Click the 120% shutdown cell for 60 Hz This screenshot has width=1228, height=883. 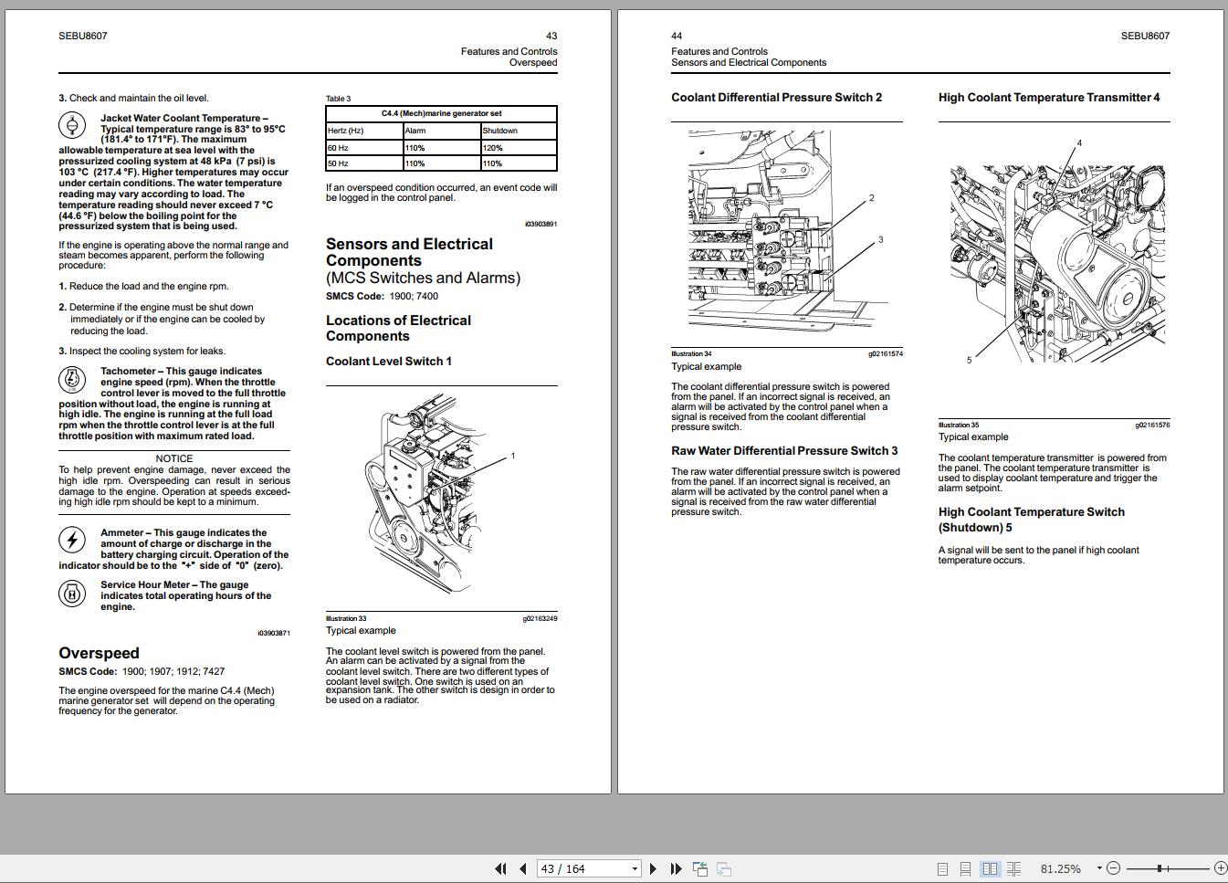click(493, 148)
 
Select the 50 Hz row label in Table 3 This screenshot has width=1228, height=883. click(338, 163)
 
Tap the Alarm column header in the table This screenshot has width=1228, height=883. click(415, 131)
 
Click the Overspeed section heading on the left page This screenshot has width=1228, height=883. click(99, 653)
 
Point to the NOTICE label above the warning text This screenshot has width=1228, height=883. click(174, 458)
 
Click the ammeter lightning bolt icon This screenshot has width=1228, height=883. click(71, 540)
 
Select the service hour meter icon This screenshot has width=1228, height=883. click(71, 594)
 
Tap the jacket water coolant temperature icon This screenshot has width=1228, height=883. click(71, 125)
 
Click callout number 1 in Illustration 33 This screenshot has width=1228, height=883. click(513, 456)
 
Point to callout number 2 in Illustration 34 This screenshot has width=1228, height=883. click(872, 197)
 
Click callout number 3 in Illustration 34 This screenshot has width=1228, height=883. click(881, 240)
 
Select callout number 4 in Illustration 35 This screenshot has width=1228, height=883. click(1079, 142)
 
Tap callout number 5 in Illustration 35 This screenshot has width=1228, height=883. click(970, 360)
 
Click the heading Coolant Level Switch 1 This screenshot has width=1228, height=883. click(389, 362)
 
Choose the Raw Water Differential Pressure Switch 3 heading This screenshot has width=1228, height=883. click(784, 451)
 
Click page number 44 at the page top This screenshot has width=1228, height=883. click(677, 37)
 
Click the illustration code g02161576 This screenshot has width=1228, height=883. click(1152, 425)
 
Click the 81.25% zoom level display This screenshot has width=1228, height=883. click(1060, 868)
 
